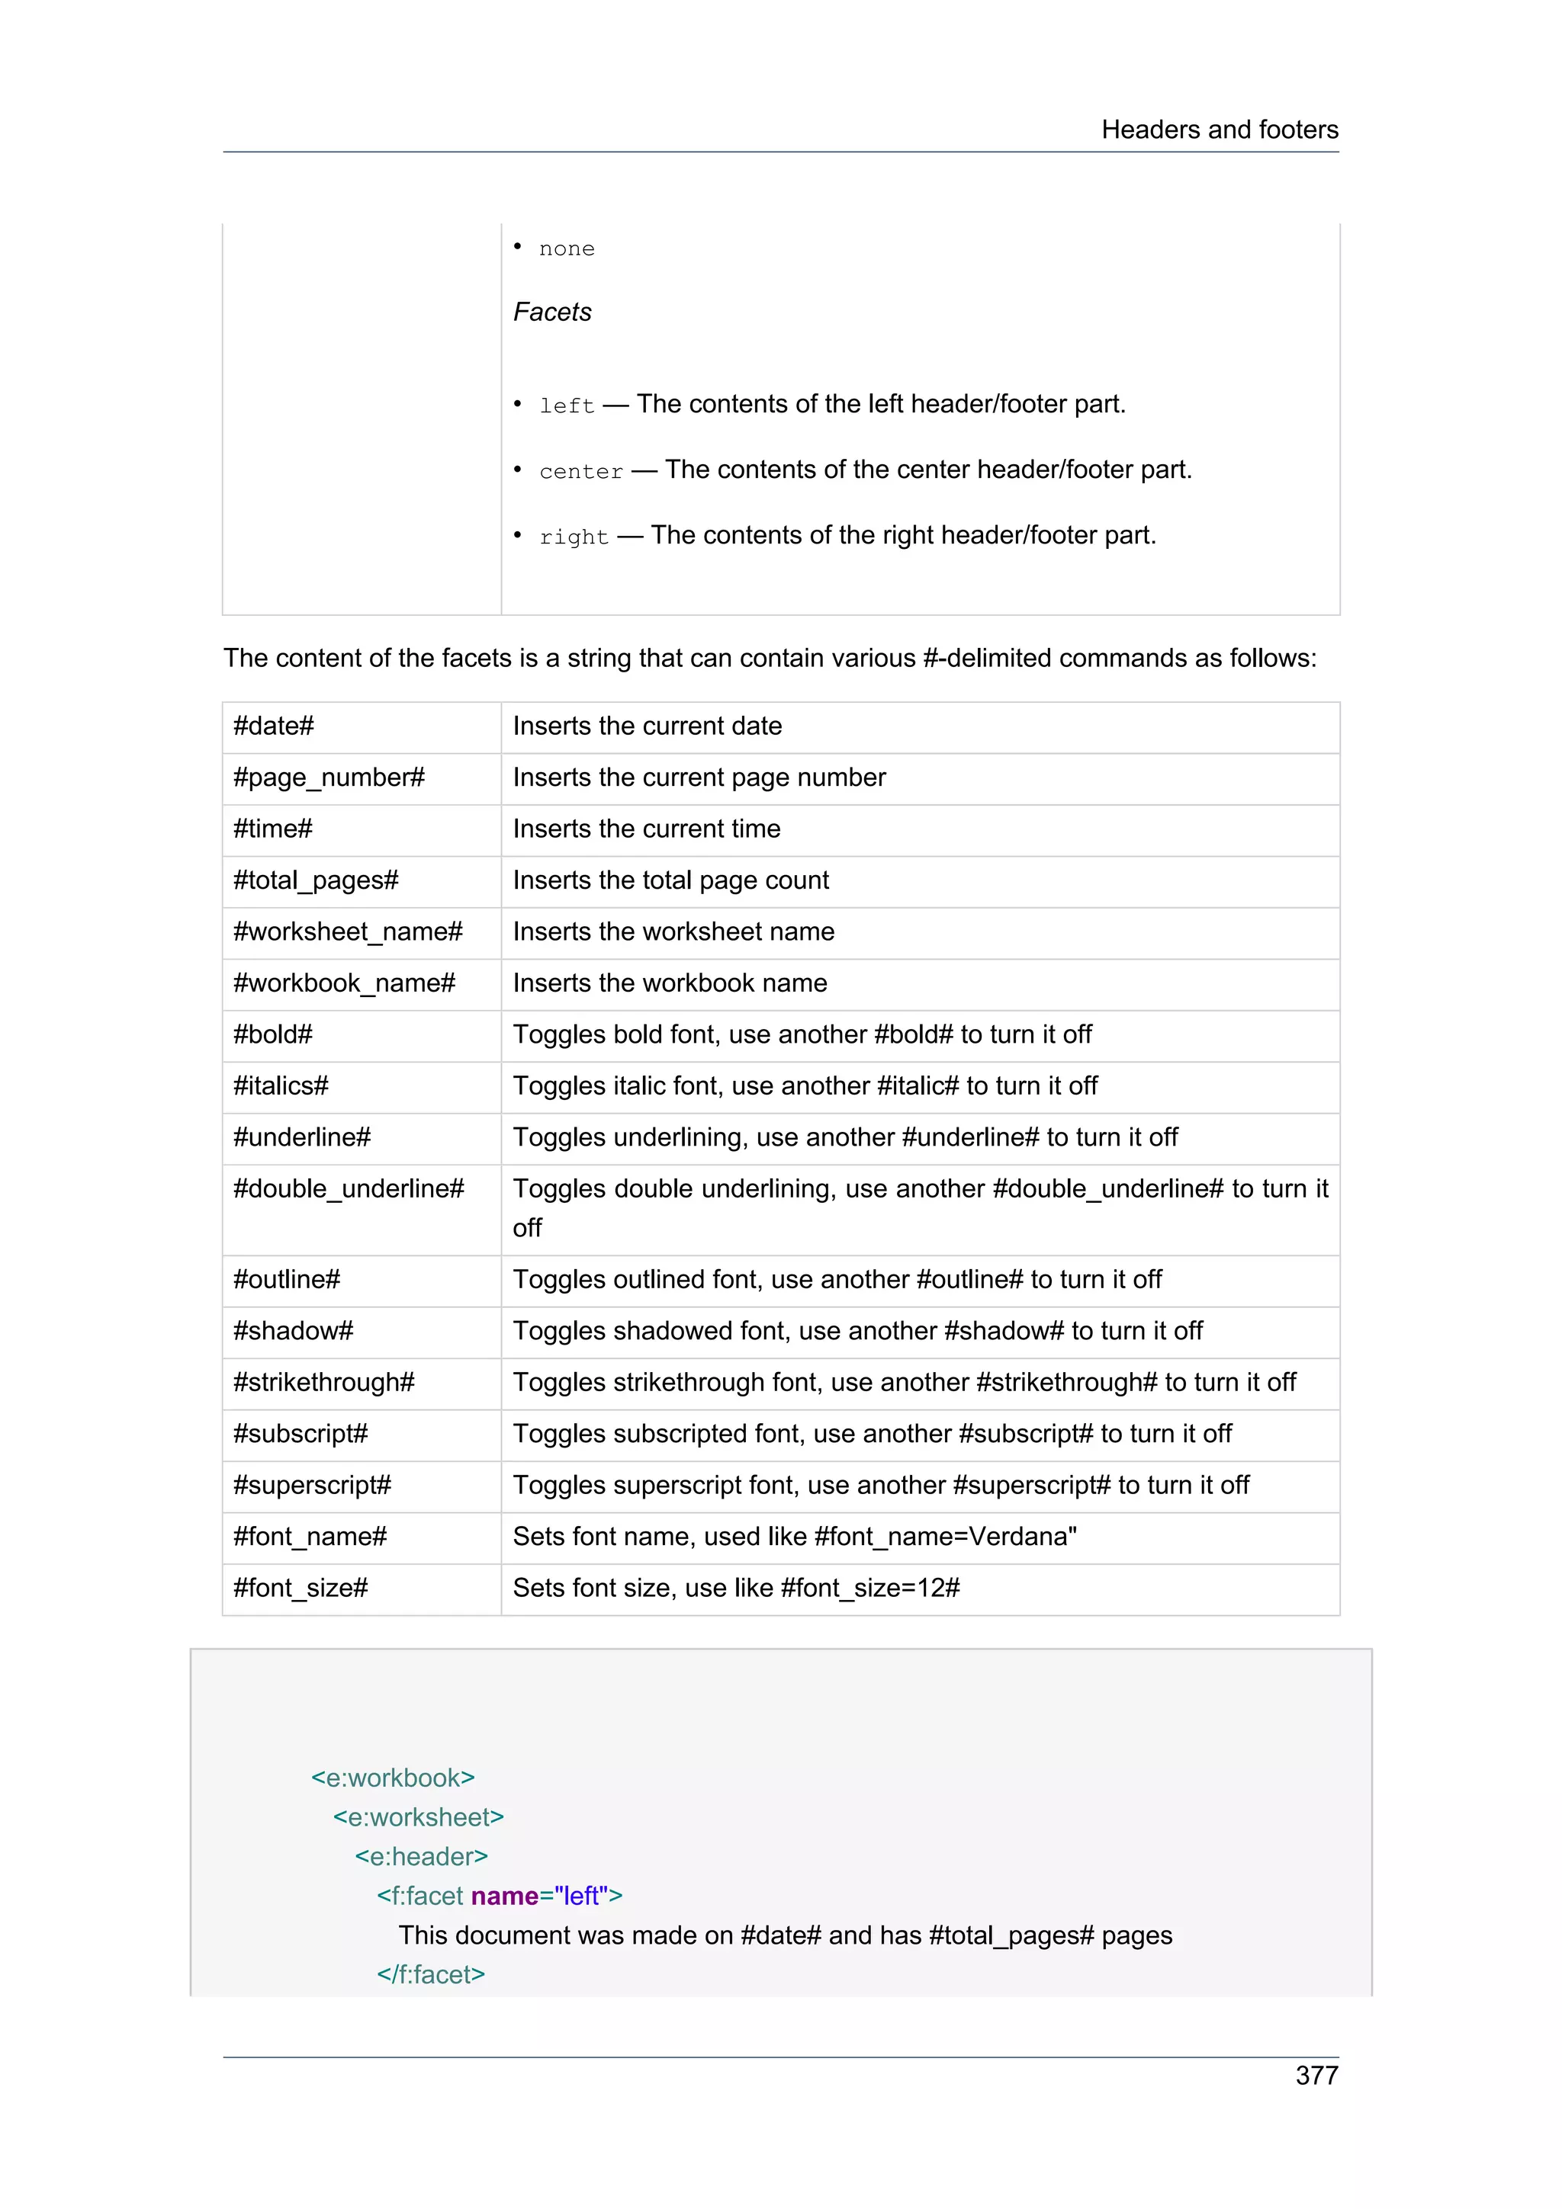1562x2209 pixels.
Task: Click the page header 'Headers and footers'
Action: (1219, 130)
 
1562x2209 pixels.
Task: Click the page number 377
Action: (1316, 2076)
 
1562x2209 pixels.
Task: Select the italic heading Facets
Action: (551, 312)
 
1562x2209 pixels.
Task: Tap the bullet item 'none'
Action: (566, 249)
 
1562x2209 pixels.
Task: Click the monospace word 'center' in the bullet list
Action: (580, 471)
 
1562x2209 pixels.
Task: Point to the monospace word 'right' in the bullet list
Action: (574, 537)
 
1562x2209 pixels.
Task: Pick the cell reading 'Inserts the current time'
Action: (646, 829)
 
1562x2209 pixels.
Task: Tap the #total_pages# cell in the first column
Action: (316, 880)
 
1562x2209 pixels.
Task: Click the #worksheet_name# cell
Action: (348, 931)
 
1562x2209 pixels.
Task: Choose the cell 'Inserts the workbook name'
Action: (669, 983)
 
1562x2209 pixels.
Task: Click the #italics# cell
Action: (280, 1086)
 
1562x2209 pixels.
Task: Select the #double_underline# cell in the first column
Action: (348, 1189)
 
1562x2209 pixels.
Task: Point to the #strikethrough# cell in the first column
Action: (323, 1383)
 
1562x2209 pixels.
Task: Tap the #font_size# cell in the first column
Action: (301, 1589)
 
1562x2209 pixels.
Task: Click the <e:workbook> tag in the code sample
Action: (393, 1778)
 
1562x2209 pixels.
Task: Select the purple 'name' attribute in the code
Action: (504, 1896)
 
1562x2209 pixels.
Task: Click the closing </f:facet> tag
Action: (430, 1974)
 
